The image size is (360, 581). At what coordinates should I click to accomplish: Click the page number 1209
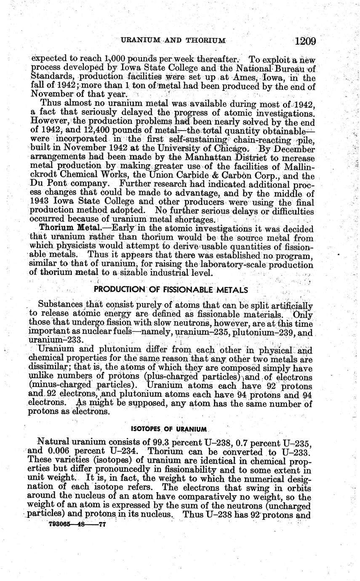point(305,41)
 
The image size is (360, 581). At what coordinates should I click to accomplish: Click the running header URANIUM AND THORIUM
point(173,40)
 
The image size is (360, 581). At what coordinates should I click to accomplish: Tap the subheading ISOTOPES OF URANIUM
point(169,429)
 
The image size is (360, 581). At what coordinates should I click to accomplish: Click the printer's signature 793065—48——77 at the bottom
point(77,525)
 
